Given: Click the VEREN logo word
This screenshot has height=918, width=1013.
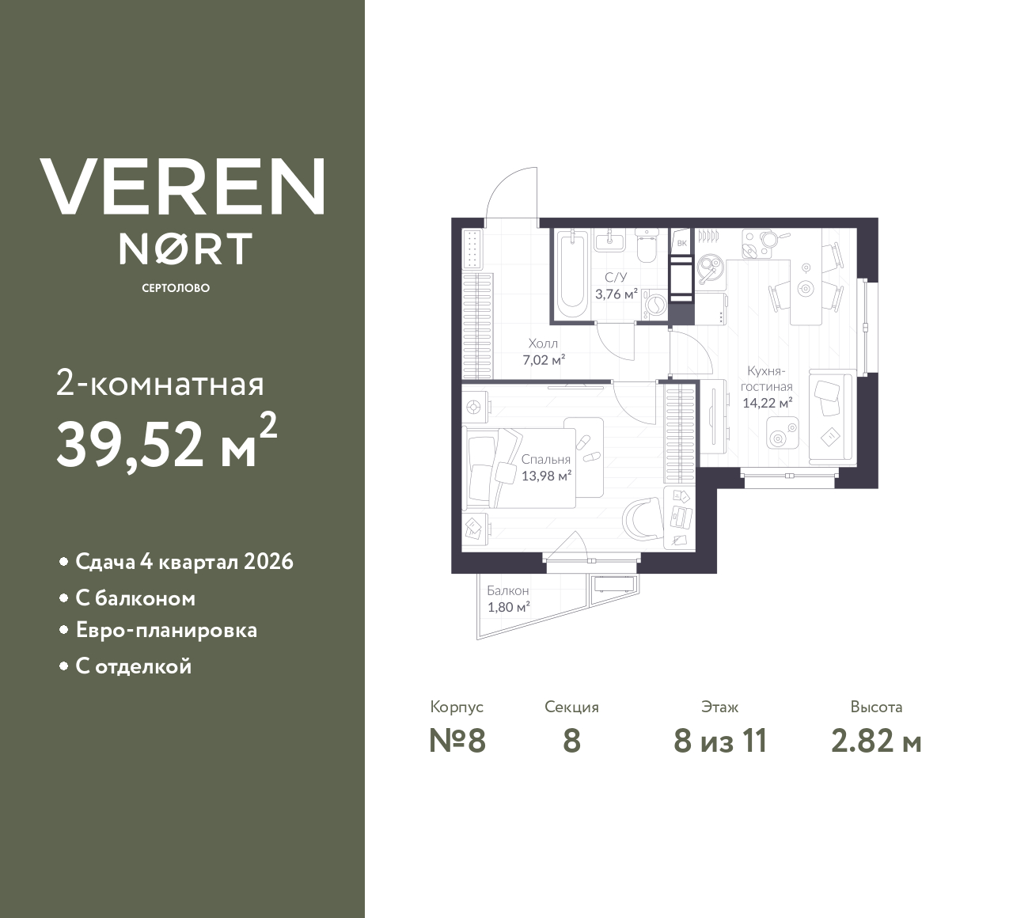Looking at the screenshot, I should pos(182,186).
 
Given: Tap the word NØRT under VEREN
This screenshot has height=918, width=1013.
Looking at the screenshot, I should pos(185,248).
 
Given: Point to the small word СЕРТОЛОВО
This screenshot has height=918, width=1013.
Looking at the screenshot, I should pos(176,288).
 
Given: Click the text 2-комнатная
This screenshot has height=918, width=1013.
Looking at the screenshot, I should pos(160,385).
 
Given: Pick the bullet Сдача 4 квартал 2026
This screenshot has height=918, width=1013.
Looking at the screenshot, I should pos(184,562).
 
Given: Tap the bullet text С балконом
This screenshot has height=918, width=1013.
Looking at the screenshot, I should pos(135,598).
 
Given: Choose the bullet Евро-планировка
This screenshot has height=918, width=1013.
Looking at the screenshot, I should pos(166,631).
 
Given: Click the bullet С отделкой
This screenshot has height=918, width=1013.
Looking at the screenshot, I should pos(134,666).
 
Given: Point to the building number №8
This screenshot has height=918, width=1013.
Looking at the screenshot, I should pos(457,742).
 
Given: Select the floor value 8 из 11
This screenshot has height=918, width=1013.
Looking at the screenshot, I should pos(720,742).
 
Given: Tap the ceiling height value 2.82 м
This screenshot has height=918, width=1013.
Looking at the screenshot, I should pos(876,742).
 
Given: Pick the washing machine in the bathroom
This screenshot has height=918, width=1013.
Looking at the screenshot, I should pos(654,305).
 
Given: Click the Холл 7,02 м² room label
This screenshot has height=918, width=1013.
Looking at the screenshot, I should pos(543,352).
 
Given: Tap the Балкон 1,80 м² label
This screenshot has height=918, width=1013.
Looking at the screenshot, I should pos(508,599).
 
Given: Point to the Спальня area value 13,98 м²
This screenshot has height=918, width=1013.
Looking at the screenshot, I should pos(546,476).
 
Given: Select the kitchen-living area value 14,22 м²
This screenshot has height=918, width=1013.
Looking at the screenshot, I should pos(767,402).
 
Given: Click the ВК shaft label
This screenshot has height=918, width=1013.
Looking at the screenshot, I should pos(681,243).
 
